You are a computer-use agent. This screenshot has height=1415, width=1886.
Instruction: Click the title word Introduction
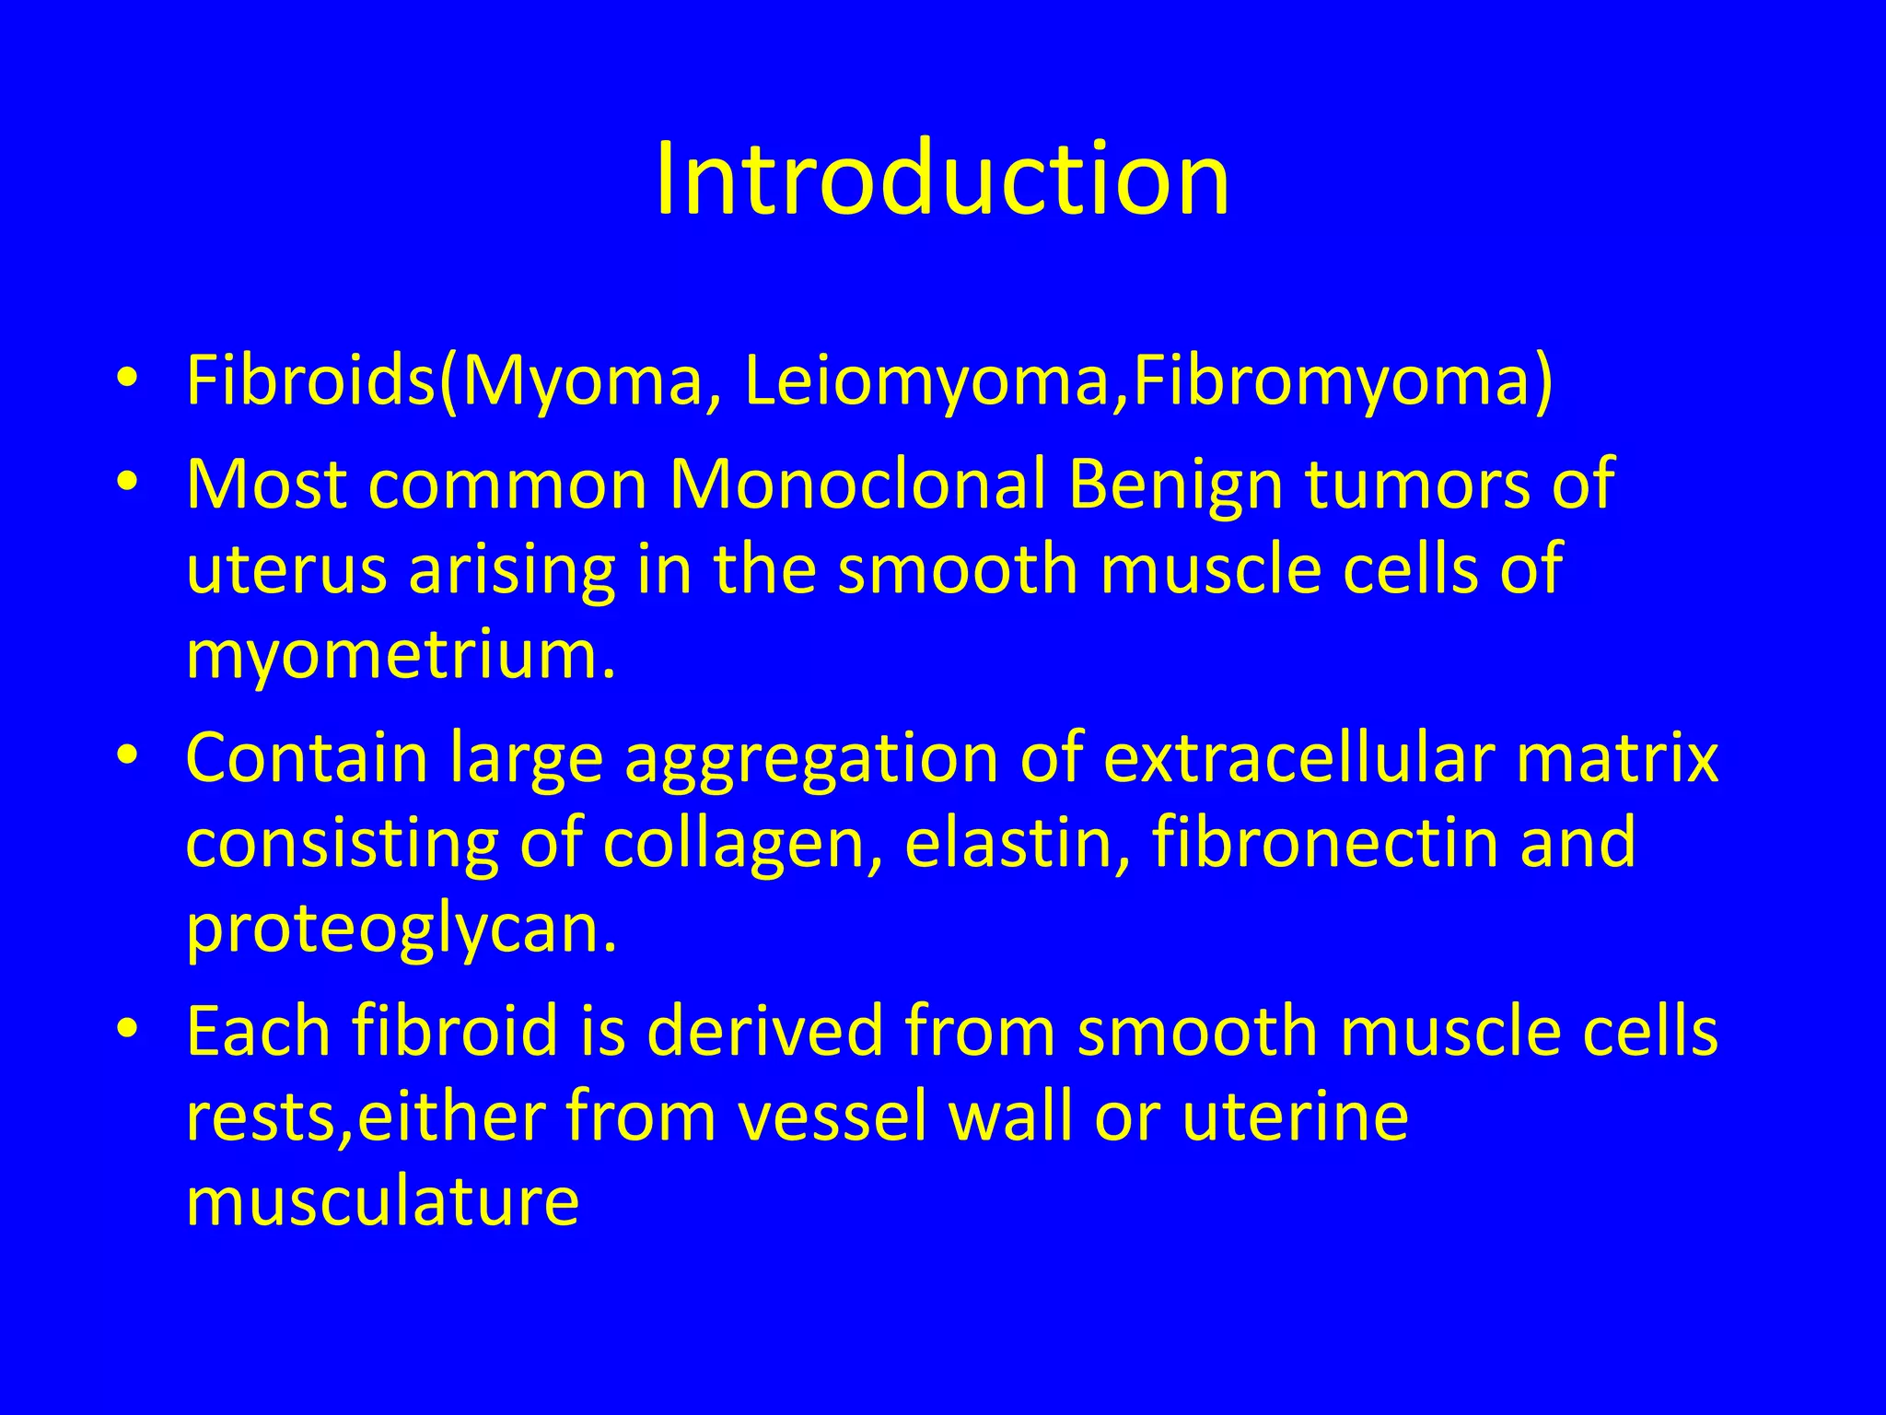[x=942, y=179]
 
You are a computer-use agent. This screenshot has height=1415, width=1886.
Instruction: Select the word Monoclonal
[x=856, y=485]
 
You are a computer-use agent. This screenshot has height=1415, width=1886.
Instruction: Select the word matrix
[x=1617, y=758]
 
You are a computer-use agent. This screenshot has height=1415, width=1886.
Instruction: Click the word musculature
[x=382, y=1201]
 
